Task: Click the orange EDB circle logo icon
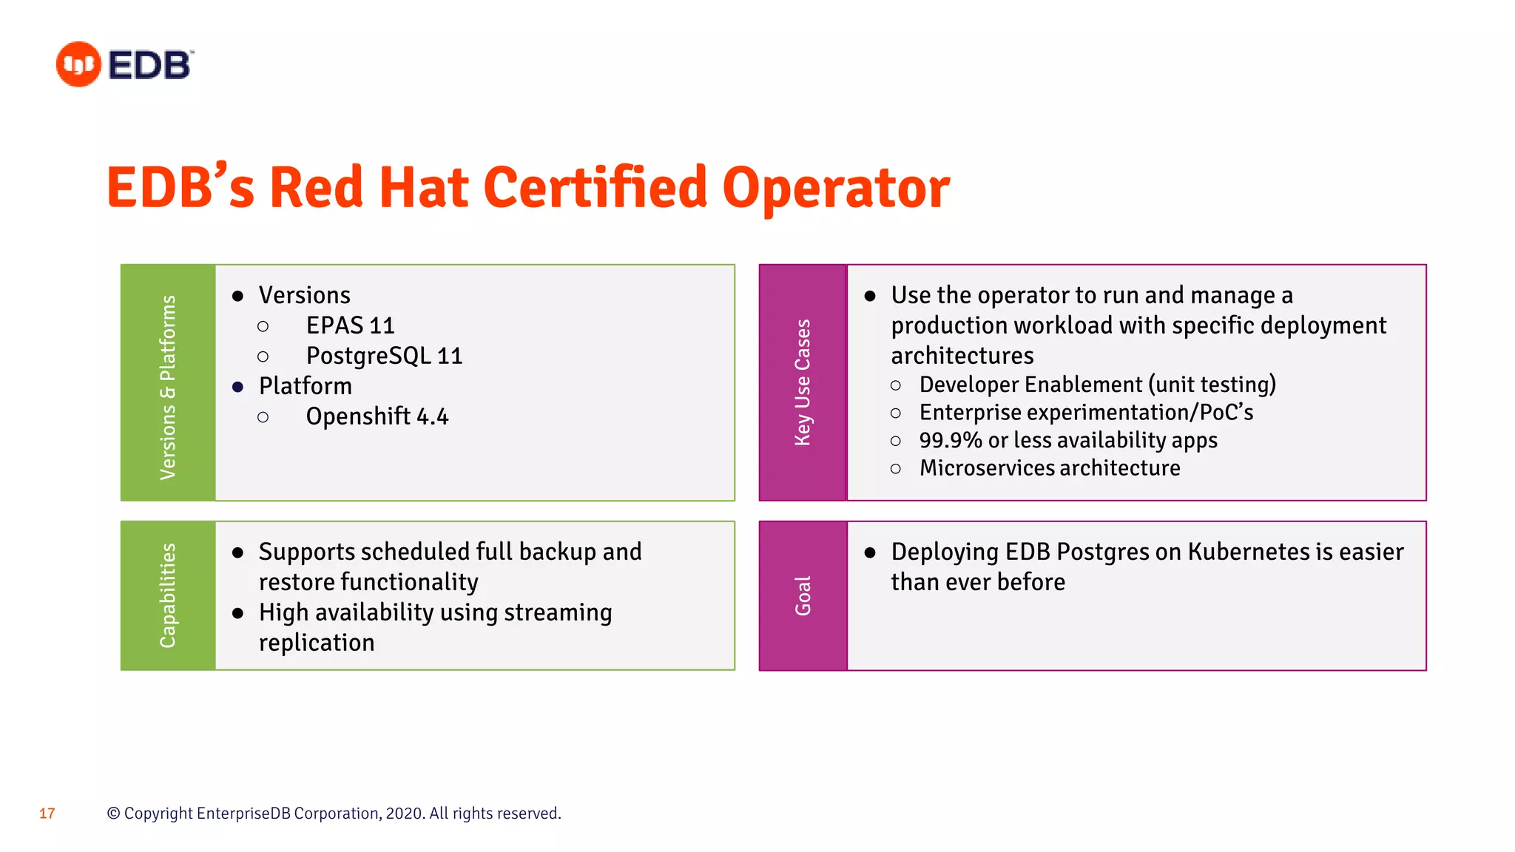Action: click(x=78, y=64)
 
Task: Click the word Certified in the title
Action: click(x=595, y=187)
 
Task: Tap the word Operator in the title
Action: click(x=836, y=189)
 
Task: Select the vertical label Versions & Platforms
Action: click(x=168, y=387)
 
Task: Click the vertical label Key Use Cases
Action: click(x=803, y=382)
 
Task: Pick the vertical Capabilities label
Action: click(x=168, y=595)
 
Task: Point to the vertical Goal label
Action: click(x=803, y=595)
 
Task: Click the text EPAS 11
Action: click(x=350, y=325)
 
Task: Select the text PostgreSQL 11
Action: click(x=384, y=356)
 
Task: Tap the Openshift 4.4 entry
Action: click(x=377, y=416)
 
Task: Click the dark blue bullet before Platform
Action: click(x=237, y=387)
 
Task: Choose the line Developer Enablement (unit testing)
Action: click(x=1097, y=385)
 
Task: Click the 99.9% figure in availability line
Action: click(x=950, y=440)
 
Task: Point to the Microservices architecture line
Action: click(x=1049, y=468)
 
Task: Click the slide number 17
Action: click(x=47, y=814)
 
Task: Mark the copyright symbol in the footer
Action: click(x=113, y=814)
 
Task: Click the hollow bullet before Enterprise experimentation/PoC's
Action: click(x=896, y=413)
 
